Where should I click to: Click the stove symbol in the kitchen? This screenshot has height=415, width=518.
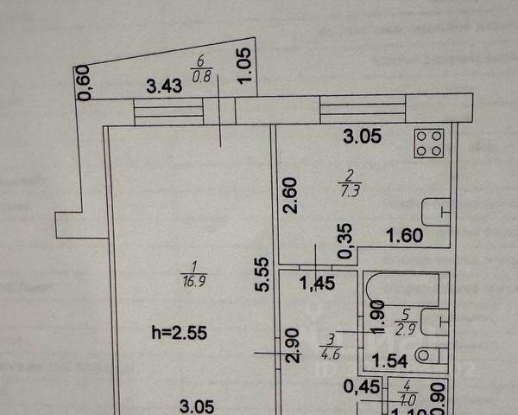(429, 144)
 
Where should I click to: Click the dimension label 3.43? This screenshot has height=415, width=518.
(165, 86)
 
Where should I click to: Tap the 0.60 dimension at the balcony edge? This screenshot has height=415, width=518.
(85, 84)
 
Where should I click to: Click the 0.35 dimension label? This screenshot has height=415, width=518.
(345, 241)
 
